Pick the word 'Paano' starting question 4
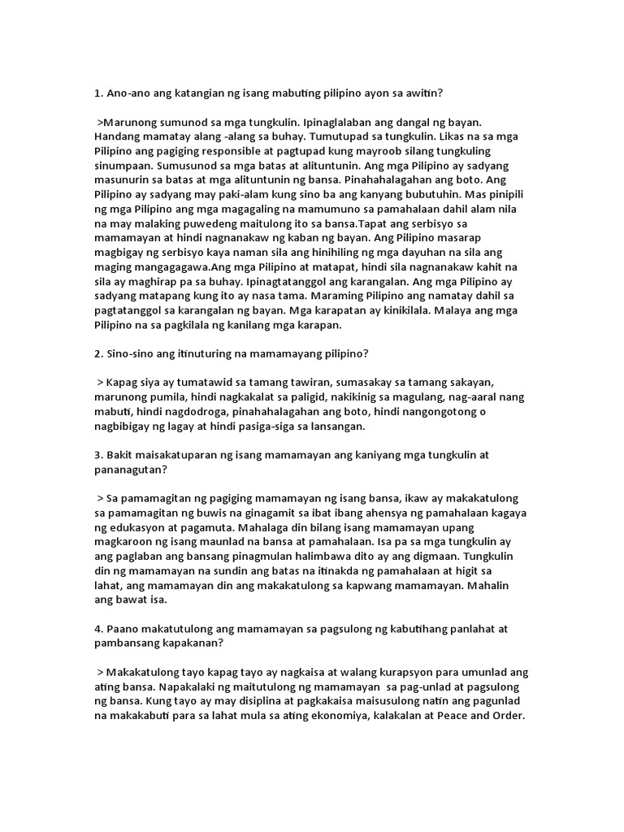[127, 629]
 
